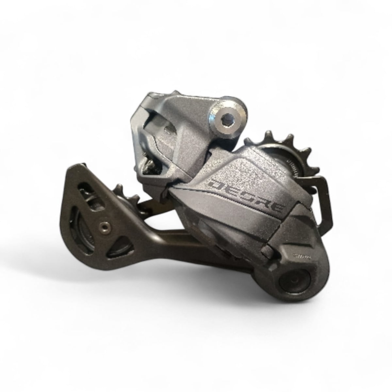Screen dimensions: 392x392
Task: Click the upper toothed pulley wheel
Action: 284,154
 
